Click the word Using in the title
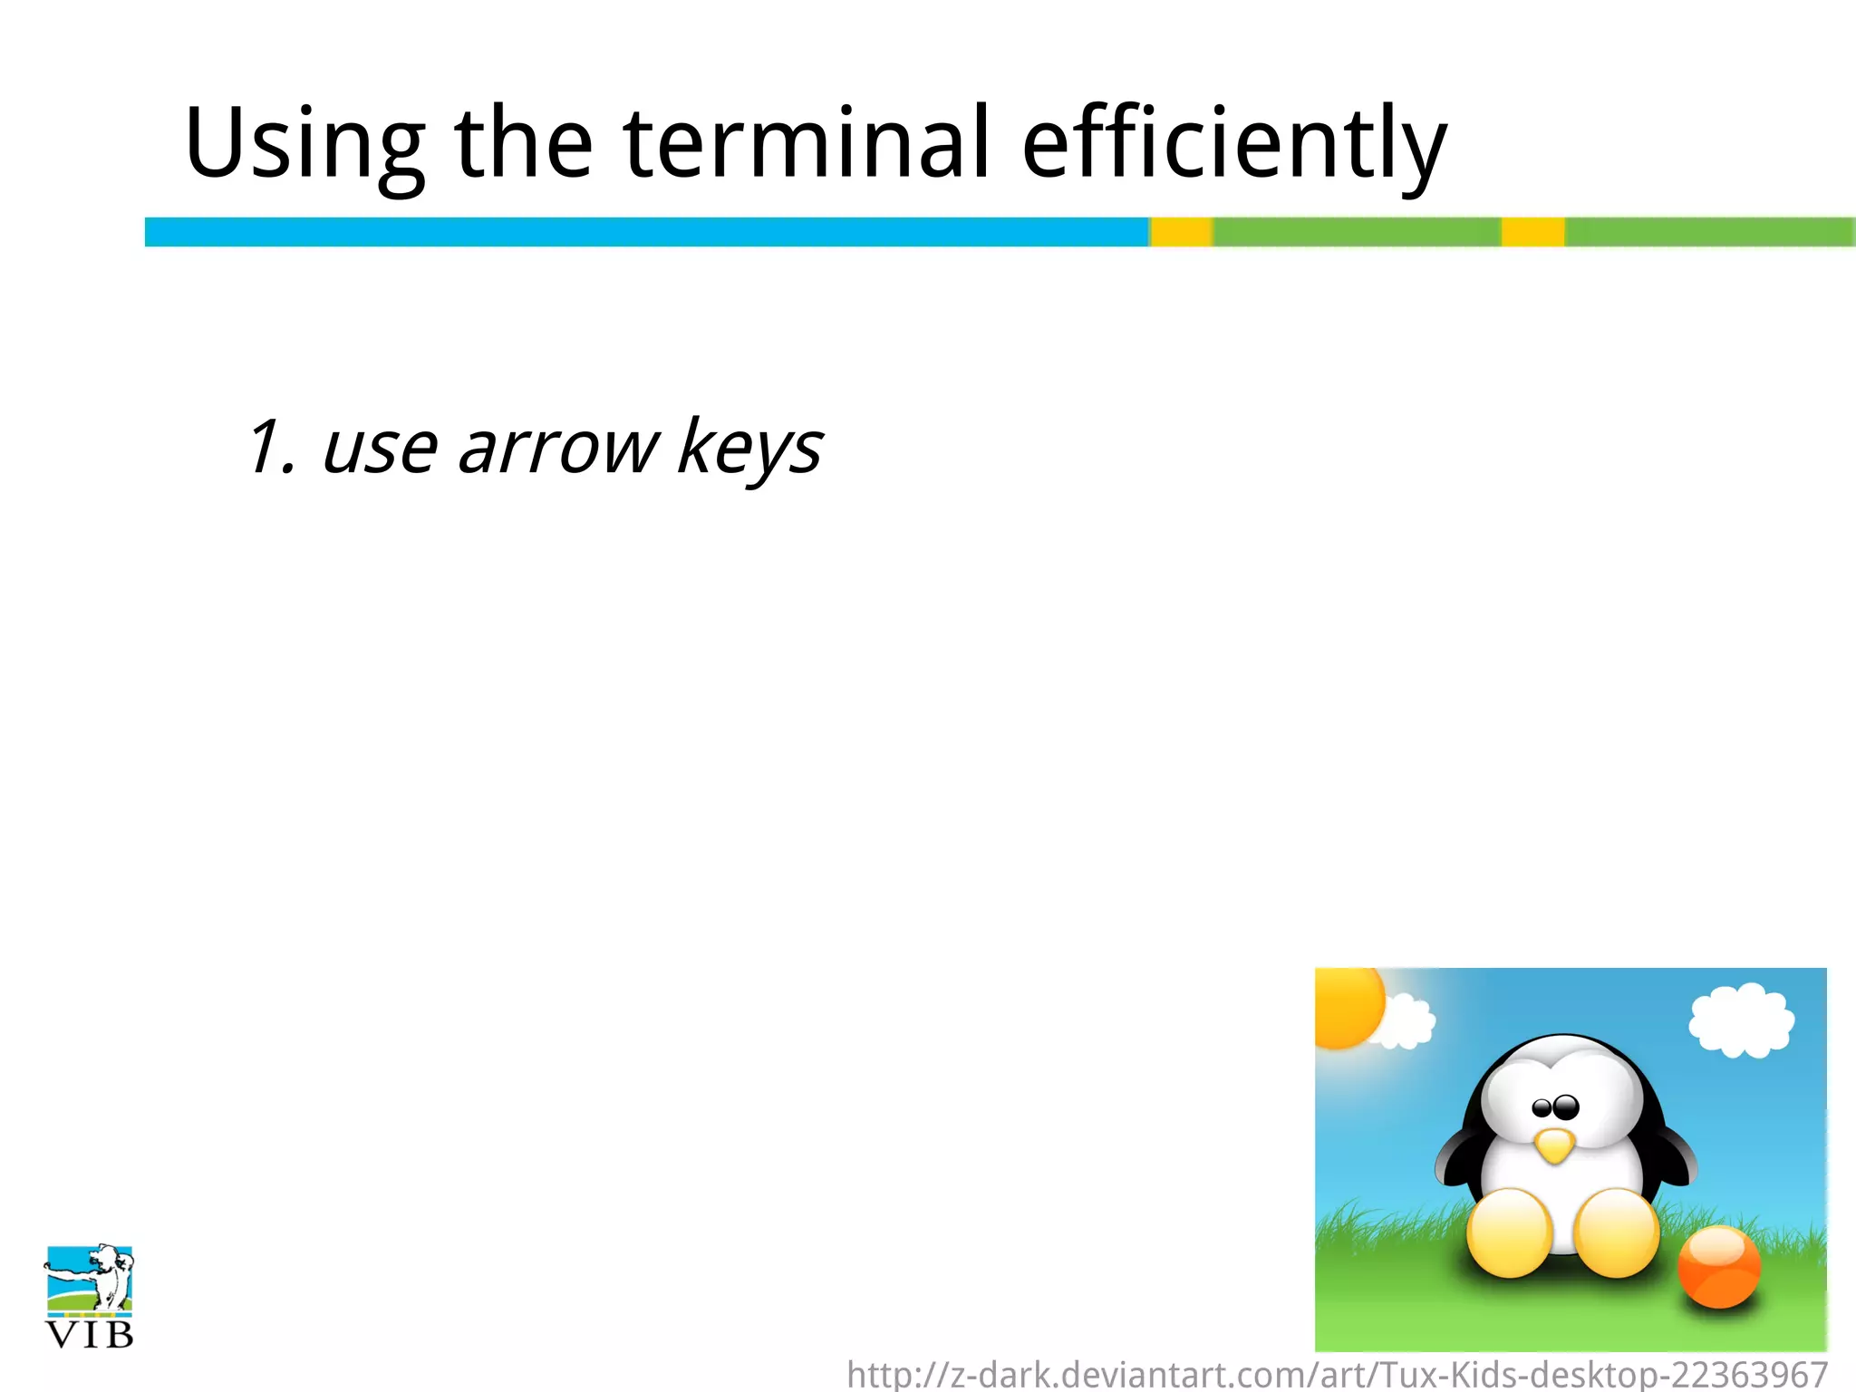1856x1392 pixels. click(304, 145)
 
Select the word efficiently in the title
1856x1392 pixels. click(1234, 145)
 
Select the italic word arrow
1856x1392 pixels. click(558, 448)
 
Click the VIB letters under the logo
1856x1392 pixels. click(89, 1335)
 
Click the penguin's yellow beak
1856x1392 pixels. click(1555, 1145)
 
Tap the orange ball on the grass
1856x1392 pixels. click(1718, 1266)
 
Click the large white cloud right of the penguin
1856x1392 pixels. click(1741, 1020)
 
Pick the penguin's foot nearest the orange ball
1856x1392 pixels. click(1618, 1232)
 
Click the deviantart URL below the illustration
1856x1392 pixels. click(1337, 1375)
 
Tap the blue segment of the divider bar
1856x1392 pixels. click(646, 232)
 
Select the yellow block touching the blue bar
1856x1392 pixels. click(1182, 232)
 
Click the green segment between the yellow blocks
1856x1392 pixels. click(1357, 232)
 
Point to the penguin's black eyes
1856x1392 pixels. click(1555, 1107)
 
